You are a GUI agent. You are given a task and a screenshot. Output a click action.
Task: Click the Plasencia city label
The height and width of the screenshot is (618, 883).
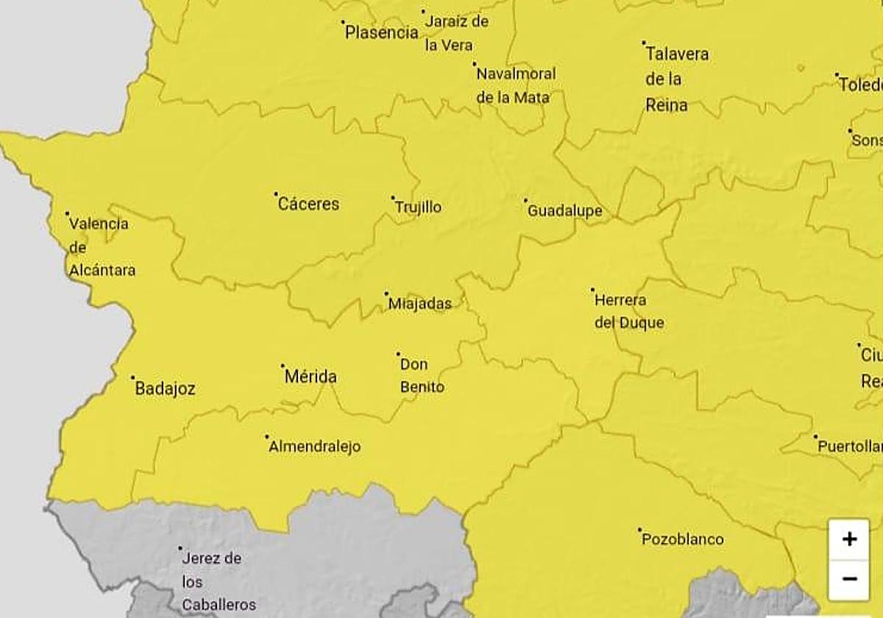click(382, 32)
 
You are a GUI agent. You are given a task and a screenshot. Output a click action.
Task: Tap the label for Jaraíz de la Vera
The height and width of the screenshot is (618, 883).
click(457, 33)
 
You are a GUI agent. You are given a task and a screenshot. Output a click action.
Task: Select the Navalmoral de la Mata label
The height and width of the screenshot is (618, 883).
click(516, 85)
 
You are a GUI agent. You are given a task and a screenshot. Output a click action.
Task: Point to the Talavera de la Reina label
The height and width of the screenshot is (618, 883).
click(676, 79)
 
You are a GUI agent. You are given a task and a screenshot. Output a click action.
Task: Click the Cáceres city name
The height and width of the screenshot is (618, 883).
click(308, 205)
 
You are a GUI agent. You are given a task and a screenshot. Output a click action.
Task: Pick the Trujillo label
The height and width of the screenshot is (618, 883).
click(418, 207)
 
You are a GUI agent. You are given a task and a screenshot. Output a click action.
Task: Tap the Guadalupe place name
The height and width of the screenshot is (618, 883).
click(565, 211)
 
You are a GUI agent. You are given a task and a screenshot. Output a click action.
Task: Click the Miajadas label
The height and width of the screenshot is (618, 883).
click(419, 303)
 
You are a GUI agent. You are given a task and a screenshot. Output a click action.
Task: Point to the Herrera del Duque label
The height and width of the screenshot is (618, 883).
click(629, 311)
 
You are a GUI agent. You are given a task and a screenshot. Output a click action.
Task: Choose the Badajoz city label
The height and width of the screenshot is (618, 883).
click(165, 389)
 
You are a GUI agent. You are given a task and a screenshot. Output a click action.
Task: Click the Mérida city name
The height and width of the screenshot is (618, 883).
click(311, 377)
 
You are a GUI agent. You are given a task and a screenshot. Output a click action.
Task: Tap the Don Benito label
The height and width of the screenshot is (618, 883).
click(422, 375)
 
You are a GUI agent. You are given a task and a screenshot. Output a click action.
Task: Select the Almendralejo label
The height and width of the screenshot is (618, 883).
click(315, 447)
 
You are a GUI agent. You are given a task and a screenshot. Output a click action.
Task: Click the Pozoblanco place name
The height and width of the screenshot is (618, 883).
click(683, 539)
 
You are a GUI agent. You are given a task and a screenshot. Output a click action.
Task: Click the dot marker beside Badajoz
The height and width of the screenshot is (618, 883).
click(133, 378)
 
